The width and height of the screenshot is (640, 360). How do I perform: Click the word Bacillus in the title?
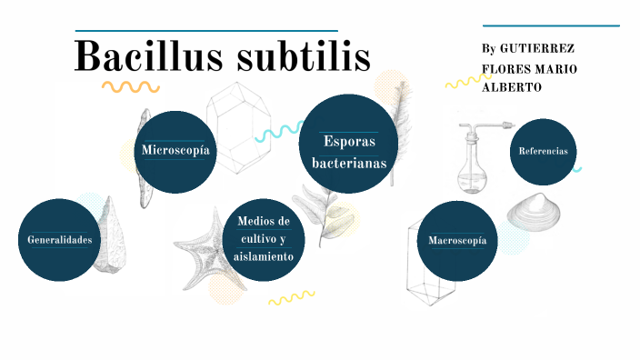[149, 56]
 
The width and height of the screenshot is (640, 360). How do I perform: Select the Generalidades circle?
[59, 240]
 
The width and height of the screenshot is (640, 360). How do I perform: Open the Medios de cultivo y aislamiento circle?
[263, 239]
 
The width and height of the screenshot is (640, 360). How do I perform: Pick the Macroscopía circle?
[456, 241]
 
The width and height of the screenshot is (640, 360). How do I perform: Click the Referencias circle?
[543, 151]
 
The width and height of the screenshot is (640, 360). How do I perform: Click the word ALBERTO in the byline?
[512, 87]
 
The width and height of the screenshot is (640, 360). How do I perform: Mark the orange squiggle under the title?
[130, 87]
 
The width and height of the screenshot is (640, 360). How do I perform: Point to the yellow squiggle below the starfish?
[291, 297]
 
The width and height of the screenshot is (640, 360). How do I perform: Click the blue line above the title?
[205, 30]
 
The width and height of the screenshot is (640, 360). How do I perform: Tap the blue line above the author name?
[551, 25]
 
